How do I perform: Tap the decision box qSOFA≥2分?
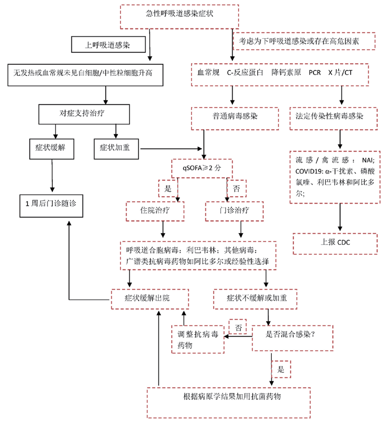click(x=202, y=168)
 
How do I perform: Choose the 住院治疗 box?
click(x=155, y=211)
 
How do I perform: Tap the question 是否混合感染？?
click(x=292, y=338)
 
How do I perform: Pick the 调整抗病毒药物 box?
click(x=198, y=338)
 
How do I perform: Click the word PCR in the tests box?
click(x=314, y=73)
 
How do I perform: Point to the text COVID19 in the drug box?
click(x=305, y=171)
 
